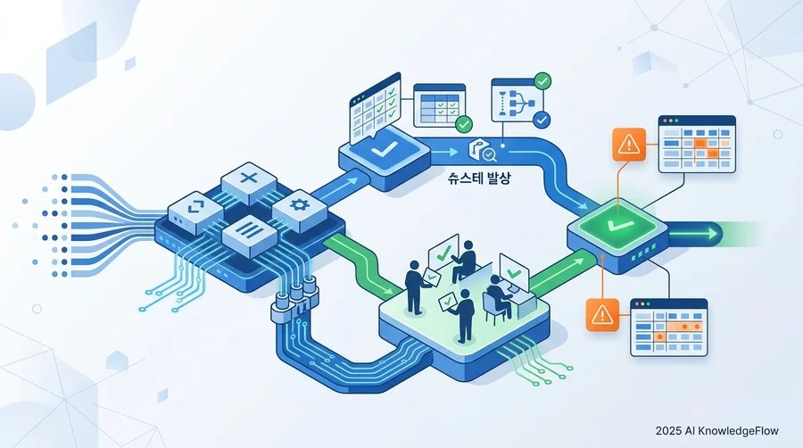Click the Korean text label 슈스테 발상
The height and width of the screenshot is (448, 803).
[479, 178]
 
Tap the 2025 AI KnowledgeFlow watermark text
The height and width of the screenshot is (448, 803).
[717, 431]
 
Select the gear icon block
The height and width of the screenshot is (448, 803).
[300, 210]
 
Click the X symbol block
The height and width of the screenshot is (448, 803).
[249, 182]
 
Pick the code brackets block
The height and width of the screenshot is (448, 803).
[195, 211]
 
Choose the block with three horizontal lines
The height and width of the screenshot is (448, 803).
[250, 236]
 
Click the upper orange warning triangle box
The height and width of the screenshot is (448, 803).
[629, 145]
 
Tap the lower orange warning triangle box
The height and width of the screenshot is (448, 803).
[602, 315]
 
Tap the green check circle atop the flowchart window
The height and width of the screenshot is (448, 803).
[542, 80]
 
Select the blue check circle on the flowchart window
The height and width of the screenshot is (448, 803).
[542, 120]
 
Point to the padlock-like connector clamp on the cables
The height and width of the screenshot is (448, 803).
[295, 299]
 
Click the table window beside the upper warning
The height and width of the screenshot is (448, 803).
[697, 145]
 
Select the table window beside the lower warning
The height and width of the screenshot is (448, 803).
[669, 328]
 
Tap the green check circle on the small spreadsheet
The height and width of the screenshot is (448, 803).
[464, 124]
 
